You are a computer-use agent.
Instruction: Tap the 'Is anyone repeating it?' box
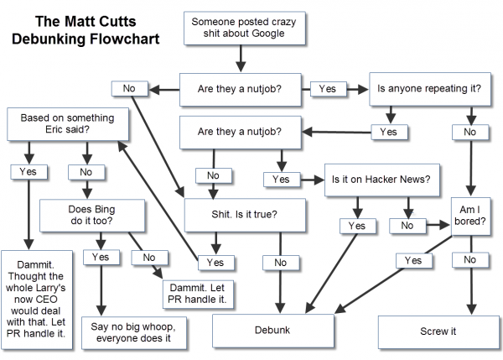coord(422,87)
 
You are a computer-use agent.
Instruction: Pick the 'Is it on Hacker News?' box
coord(381,179)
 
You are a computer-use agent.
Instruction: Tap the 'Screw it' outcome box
coord(438,331)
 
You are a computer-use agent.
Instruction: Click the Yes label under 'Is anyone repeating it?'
coord(388,131)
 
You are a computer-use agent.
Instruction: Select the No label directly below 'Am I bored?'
coord(469,261)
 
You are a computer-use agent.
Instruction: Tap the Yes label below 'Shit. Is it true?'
coord(214,262)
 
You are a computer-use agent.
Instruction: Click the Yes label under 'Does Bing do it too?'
coord(101,257)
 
